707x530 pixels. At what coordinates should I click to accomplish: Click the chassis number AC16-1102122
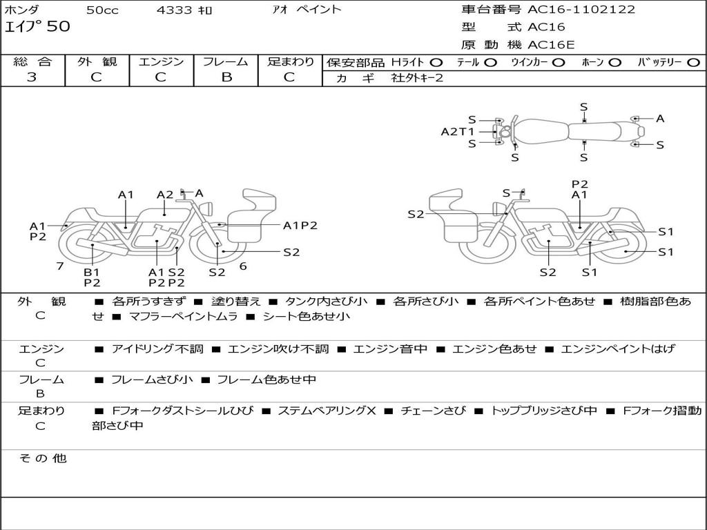(581, 10)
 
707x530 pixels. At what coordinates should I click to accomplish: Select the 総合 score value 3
(32, 77)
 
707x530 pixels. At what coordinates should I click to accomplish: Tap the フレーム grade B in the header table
(226, 77)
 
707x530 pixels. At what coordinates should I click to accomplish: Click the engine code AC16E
(551, 46)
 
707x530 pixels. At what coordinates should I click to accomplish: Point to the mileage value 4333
(175, 10)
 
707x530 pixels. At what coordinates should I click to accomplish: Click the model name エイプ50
(37, 28)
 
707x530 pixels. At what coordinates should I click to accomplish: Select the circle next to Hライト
(436, 62)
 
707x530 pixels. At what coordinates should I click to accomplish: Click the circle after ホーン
(614, 62)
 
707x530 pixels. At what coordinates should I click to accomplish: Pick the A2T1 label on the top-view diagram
(458, 131)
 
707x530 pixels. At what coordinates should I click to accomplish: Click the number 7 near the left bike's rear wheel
(60, 266)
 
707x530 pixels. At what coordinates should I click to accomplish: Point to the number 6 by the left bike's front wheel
(243, 266)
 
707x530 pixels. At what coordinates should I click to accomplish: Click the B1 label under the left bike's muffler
(92, 272)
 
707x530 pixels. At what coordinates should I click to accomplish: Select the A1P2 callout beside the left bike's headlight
(300, 225)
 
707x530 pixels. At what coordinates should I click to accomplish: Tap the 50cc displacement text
(101, 10)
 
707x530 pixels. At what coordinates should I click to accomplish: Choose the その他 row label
(42, 458)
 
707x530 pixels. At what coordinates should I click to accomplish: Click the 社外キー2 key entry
(417, 78)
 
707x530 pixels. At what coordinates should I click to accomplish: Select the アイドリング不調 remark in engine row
(157, 349)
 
